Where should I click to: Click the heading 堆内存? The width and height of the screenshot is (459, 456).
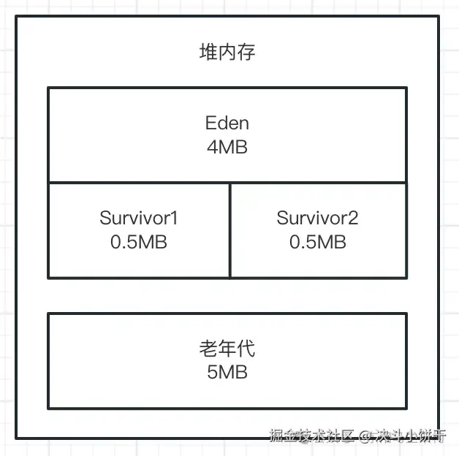227,53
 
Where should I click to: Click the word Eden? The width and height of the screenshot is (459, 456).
227,123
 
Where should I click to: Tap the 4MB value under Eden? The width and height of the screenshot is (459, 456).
227,147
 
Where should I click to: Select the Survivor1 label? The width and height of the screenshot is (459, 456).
139,218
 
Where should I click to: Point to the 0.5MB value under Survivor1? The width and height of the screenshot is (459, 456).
139,241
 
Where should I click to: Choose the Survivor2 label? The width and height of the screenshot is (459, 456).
317,218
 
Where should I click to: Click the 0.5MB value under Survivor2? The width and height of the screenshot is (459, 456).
317,241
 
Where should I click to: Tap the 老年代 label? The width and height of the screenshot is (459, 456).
227,349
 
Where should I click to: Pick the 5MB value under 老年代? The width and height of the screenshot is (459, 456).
227,372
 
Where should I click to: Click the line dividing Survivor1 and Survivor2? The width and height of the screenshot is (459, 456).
229,230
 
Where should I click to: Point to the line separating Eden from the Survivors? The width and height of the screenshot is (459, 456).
227,183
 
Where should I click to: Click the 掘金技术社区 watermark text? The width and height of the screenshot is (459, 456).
311,437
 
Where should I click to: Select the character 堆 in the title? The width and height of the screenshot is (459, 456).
208,53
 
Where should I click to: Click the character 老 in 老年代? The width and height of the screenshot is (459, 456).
208,349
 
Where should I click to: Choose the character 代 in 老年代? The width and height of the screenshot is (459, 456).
246,349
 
